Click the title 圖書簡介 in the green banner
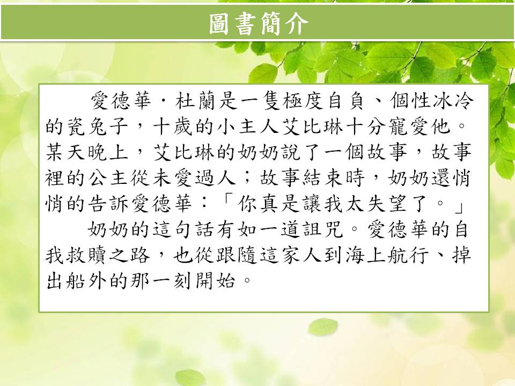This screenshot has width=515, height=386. tap(259, 24)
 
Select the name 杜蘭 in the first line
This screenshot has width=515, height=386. tap(195, 101)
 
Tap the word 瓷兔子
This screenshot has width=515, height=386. tap(86, 127)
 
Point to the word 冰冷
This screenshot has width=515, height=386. tap(453, 101)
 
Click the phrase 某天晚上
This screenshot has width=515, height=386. tap(86, 152)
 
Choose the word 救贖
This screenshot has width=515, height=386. tap(86, 255)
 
